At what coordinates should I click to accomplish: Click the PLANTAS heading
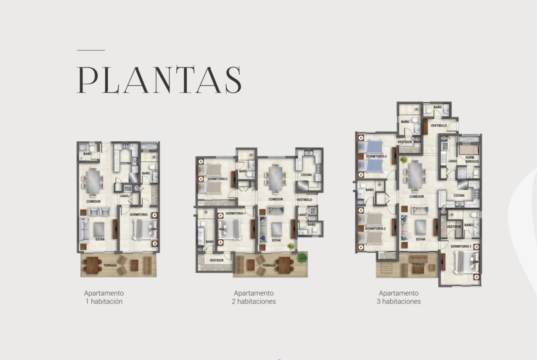(159, 80)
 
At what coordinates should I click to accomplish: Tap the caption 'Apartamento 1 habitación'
(104, 297)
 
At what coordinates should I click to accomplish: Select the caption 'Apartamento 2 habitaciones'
(254, 297)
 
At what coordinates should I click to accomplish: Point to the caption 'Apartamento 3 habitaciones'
(399, 297)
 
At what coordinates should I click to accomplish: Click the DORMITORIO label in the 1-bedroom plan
(139, 215)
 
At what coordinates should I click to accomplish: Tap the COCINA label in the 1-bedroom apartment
(126, 163)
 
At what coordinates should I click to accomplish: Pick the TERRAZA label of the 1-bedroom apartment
(110, 265)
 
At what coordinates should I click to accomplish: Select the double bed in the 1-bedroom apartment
(145, 229)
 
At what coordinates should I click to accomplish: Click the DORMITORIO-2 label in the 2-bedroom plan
(218, 179)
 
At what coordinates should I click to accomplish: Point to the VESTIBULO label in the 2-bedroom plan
(304, 199)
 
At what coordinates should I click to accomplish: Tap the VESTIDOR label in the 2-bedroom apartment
(217, 260)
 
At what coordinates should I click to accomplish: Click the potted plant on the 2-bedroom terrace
(302, 257)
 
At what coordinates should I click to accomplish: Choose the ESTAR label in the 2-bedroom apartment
(276, 240)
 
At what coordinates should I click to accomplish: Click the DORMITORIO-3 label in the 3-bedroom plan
(376, 156)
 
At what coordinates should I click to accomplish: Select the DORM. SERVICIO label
(472, 160)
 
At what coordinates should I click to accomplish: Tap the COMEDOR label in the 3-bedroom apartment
(416, 197)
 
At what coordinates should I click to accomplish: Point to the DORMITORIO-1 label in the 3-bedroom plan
(461, 246)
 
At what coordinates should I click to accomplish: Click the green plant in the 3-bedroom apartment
(404, 160)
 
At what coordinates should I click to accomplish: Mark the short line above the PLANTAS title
(91, 50)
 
